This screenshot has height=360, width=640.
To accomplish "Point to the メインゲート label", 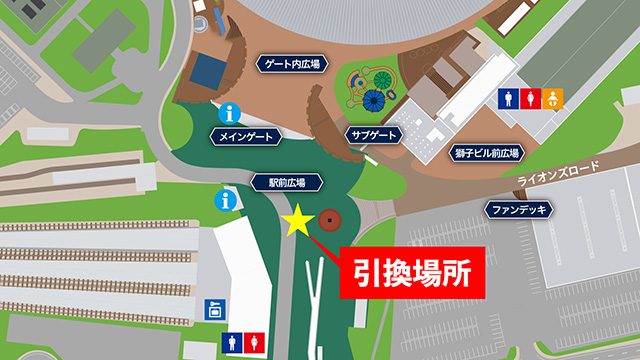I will (x=243, y=135).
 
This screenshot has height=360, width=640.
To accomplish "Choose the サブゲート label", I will (x=375, y=135).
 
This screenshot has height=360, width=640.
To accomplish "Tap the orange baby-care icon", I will (x=553, y=98).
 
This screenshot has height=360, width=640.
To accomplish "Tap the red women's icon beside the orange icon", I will (x=531, y=98).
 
